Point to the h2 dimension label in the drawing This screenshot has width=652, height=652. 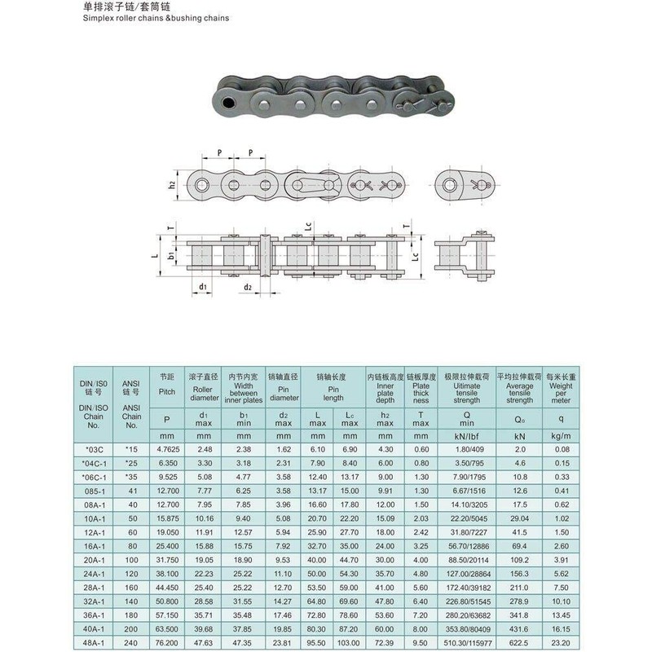point(172,185)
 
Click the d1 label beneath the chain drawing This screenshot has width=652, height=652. point(201,287)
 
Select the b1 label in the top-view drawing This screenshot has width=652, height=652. point(172,256)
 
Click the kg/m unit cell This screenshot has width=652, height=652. point(561,435)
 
